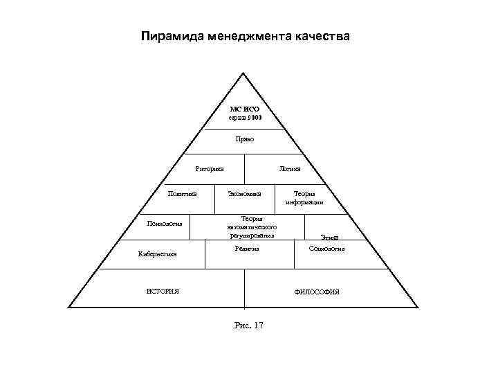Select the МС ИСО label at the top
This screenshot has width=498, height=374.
(245, 109)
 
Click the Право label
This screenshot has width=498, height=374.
(245, 139)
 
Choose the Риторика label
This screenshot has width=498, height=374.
(210, 168)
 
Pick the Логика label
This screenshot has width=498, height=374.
(290, 168)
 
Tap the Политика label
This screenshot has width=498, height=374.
(183, 193)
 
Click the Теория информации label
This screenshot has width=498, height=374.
(304, 198)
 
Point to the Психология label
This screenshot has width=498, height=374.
(163, 223)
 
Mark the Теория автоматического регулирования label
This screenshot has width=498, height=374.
(252, 227)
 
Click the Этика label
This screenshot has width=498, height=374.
(329, 238)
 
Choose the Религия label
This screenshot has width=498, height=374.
(247, 247)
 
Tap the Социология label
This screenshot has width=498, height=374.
(326, 247)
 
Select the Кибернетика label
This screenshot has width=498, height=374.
(158, 254)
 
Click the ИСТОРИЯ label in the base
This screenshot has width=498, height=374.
(163, 291)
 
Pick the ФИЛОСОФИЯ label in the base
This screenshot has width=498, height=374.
(317, 292)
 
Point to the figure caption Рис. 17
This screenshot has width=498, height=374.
(249, 325)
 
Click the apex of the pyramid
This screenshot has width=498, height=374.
(244, 73)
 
